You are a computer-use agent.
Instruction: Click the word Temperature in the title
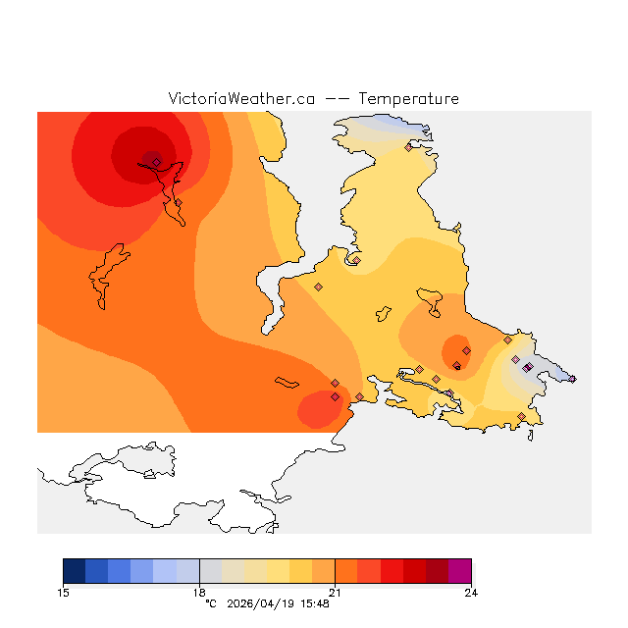[x=408, y=99]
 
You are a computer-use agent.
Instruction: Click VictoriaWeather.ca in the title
[x=241, y=99]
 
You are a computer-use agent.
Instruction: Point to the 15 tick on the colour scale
[x=64, y=592]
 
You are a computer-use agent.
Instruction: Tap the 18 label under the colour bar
[x=199, y=592]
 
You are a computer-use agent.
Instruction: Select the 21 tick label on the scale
[x=336, y=592]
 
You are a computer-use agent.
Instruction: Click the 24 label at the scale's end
[x=471, y=592]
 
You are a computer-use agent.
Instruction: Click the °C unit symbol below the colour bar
[x=210, y=603]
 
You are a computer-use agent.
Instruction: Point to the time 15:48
[x=315, y=603]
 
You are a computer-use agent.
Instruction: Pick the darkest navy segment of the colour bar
[x=75, y=571]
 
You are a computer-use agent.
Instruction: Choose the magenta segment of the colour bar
[x=459, y=571]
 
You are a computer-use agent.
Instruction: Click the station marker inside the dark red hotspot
[x=156, y=162]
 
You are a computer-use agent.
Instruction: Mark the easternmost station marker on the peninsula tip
[x=572, y=379]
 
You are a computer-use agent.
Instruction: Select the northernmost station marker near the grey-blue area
[x=408, y=147]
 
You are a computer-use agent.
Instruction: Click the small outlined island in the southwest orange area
[x=287, y=382]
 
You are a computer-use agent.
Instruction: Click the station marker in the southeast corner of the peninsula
[x=521, y=417]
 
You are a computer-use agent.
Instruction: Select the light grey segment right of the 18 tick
[x=210, y=571]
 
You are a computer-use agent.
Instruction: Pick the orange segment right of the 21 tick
[x=346, y=571]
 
